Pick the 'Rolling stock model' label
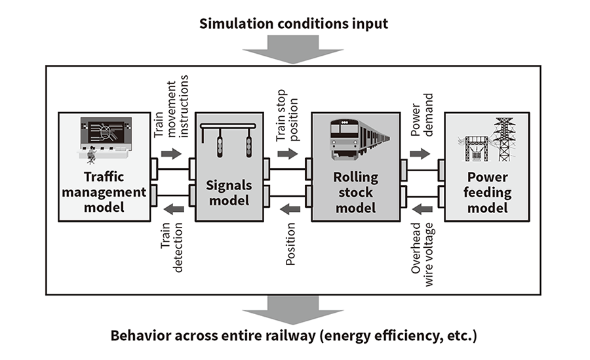coord(356,193)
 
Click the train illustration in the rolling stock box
coord(357,139)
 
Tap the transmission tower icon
coord(503,139)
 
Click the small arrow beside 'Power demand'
coord(420,153)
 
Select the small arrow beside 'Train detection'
coord(173,209)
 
